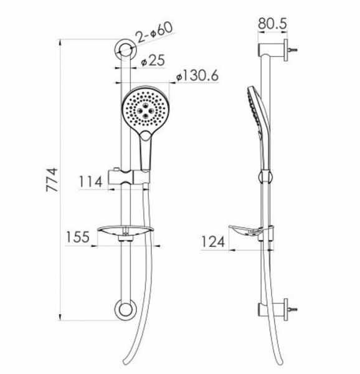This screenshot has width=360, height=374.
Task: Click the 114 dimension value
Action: [x=92, y=181]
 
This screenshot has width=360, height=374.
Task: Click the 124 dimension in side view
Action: [x=213, y=241]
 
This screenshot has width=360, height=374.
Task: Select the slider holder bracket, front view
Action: [x=129, y=176]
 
